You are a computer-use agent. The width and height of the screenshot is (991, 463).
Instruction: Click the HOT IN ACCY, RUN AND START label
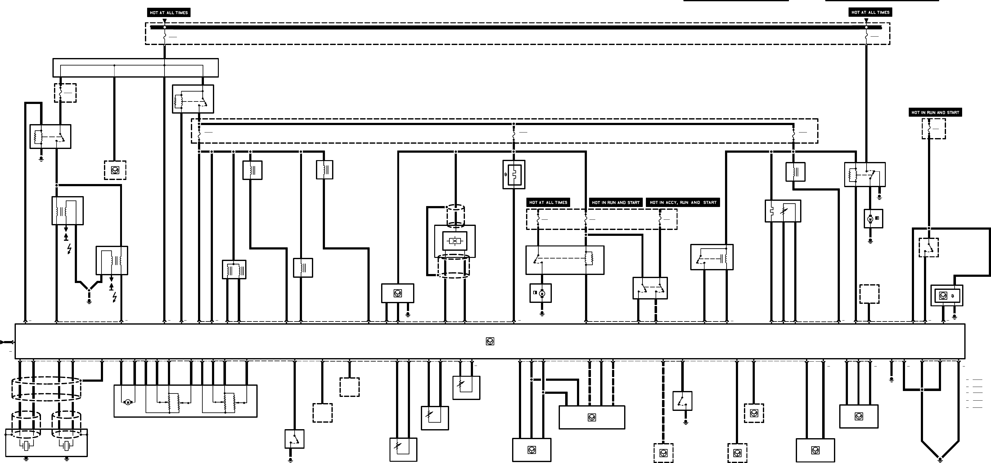(x=683, y=202)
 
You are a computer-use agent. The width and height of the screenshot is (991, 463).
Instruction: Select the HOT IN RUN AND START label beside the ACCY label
(x=615, y=202)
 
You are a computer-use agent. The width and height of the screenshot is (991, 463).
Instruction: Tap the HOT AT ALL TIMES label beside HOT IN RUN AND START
(x=548, y=202)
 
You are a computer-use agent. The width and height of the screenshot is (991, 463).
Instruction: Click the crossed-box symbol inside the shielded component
(x=455, y=241)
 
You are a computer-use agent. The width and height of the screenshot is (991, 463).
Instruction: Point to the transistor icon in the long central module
(x=490, y=341)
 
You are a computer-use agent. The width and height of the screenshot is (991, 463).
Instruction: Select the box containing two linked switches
(x=650, y=288)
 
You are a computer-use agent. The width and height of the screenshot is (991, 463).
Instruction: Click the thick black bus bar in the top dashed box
(x=516, y=27)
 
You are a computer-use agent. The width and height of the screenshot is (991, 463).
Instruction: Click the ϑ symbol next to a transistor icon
(x=952, y=296)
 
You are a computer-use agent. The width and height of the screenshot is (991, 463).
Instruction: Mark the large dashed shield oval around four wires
(x=46, y=389)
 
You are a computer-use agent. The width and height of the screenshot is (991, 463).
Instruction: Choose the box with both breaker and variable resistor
(x=783, y=211)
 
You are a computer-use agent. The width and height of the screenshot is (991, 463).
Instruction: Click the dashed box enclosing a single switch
(x=929, y=247)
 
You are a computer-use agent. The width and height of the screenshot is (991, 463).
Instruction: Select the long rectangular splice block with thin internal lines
(x=135, y=68)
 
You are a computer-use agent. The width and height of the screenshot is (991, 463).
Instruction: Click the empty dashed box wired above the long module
(x=869, y=294)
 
